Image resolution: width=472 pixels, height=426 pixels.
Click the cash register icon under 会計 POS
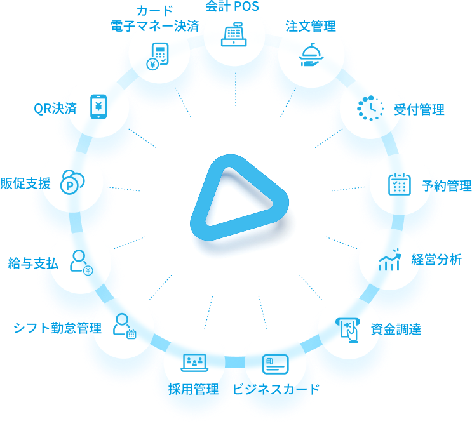[234, 34]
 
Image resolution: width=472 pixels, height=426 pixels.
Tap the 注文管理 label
[311, 26]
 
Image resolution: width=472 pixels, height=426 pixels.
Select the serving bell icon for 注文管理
[311, 55]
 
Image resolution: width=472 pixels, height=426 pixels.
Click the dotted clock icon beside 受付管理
[370, 109]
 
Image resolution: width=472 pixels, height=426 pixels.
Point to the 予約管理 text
[447, 185]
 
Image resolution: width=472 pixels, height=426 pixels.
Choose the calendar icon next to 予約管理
[400, 184]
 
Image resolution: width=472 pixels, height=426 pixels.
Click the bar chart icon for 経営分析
[390, 259]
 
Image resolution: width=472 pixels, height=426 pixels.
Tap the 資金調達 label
[396, 329]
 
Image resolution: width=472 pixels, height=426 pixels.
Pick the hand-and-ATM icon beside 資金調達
[348, 330]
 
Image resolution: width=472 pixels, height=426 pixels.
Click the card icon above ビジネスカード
[276, 364]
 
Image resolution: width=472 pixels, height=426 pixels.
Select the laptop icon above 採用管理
[194, 363]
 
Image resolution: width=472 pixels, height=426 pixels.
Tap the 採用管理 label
[194, 389]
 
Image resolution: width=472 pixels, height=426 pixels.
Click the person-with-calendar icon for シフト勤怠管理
[125, 326]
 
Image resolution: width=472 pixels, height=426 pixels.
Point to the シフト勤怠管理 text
[58, 328]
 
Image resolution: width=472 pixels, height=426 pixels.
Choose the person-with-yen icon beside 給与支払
[81, 262]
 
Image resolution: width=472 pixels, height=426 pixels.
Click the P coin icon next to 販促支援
[72, 182]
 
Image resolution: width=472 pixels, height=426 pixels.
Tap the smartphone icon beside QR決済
[98, 107]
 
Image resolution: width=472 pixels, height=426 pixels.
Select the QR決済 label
[55, 109]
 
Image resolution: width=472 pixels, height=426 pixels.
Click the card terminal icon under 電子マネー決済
[157, 57]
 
